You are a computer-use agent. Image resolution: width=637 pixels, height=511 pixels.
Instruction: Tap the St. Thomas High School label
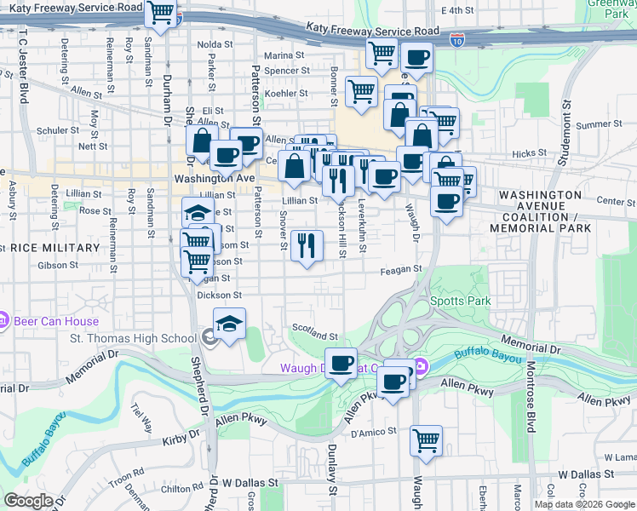(132, 339)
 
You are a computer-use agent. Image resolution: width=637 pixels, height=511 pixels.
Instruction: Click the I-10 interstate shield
(458, 39)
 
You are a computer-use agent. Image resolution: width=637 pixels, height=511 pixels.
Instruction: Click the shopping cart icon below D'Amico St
(425, 440)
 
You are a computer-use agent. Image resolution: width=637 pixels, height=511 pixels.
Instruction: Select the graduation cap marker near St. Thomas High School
(229, 324)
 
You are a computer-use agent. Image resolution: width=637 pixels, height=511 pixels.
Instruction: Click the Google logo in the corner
(28, 501)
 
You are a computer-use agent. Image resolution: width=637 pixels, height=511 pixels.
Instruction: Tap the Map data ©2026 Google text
(583, 504)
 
